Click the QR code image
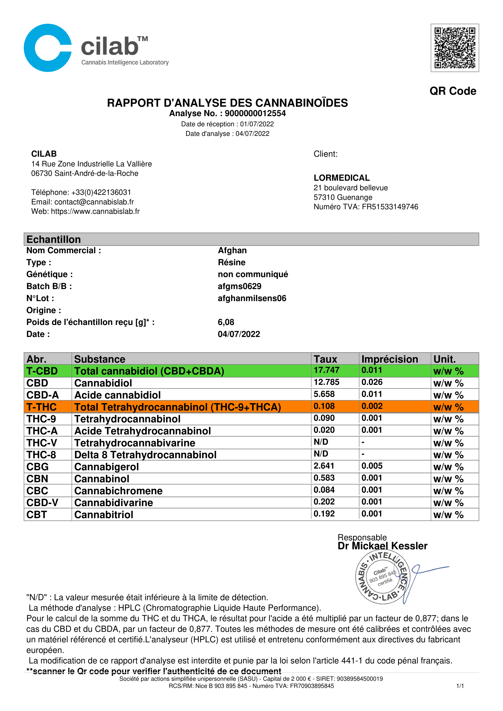[454, 48]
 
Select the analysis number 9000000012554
[255, 113]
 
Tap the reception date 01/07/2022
[257, 124]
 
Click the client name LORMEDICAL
[341, 178]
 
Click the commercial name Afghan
[232, 250]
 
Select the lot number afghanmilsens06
[252, 298]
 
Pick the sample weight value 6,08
[226, 322]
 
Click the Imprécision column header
[389, 359]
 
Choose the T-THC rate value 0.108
[324, 406]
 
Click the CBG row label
[37, 467]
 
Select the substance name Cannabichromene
[118, 491]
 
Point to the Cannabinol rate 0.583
[324, 478]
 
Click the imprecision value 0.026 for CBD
[372, 382]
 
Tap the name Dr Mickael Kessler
[382, 546]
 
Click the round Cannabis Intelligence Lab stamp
[383, 578]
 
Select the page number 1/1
[460, 686]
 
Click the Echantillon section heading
[54, 239]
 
